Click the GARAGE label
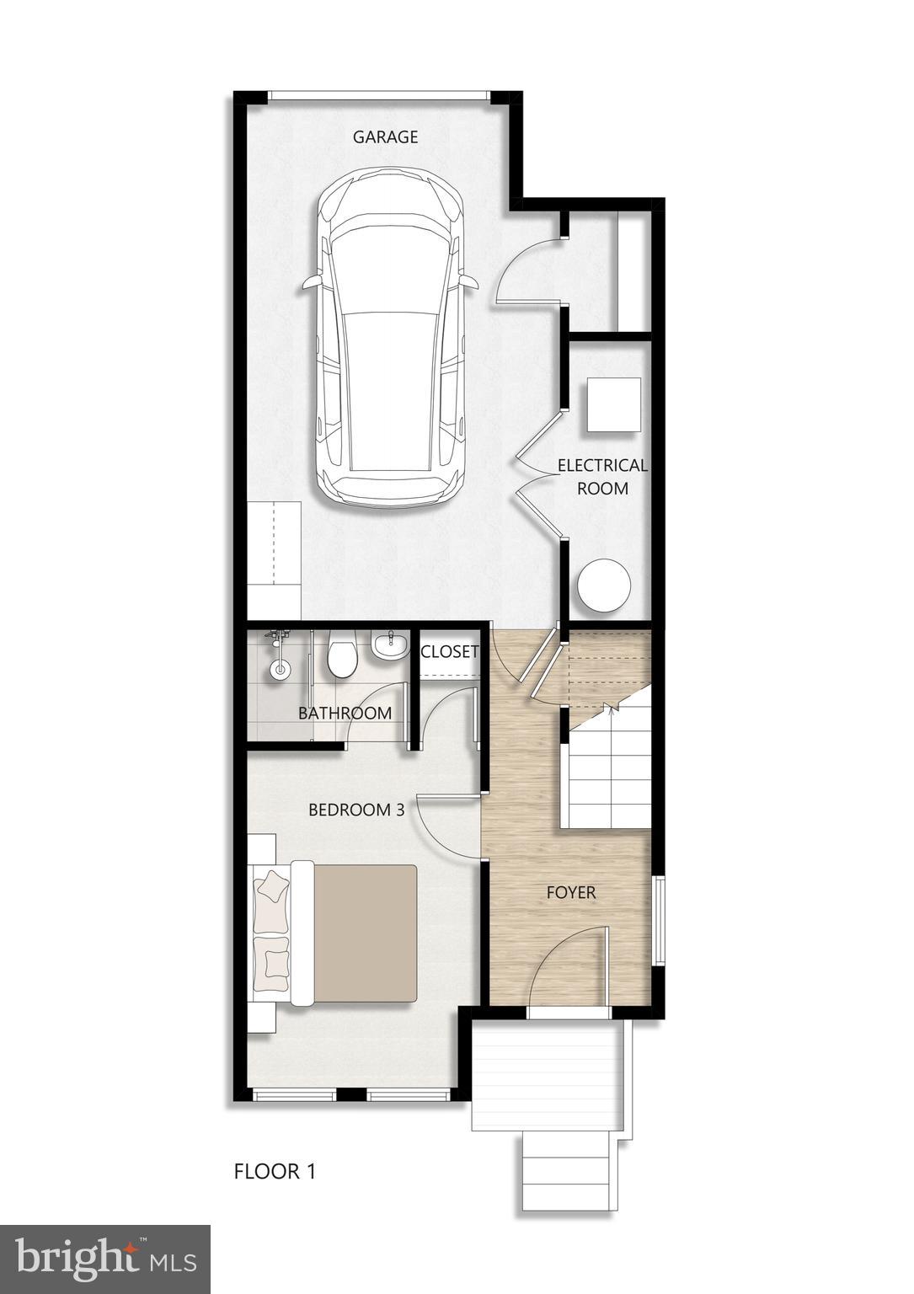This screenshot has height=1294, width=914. coord(385,136)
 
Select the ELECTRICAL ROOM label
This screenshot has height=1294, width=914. coord(602,476)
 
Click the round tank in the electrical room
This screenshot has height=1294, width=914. coord(604,586)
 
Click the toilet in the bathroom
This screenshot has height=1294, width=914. coord(342,657)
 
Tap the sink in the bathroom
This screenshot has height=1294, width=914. coord(389,648)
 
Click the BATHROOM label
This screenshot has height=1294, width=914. coord(345,713)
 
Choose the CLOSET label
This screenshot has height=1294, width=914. coord(449,651)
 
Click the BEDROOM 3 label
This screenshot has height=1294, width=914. coord(356,810)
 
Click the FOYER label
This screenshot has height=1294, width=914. coord(570,892)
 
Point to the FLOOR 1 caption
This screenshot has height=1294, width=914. coord(275,1171)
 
